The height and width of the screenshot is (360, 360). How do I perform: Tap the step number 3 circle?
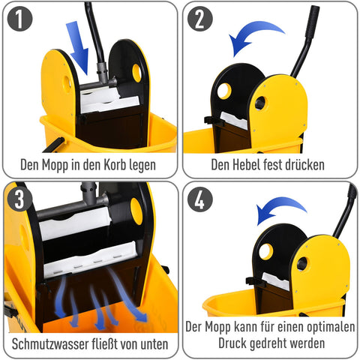(x=20, y=199)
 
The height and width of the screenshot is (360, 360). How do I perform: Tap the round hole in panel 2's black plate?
(x=223, y=91)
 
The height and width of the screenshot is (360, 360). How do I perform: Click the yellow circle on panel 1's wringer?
(x=136, y=72)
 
